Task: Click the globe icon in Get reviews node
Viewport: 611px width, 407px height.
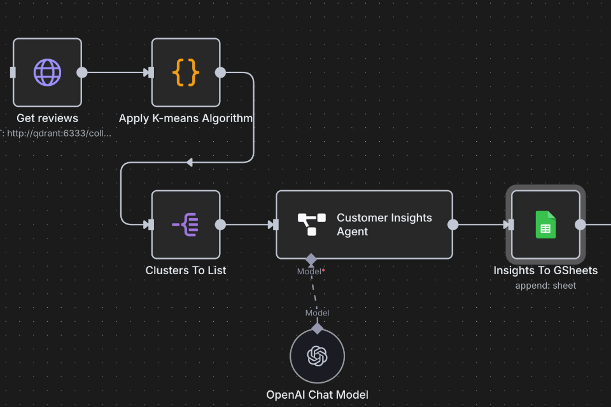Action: (x=48, y=72)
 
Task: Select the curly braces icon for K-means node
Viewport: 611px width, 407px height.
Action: (x=186, y=72)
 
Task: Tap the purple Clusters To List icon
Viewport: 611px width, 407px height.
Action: (x=186, y=224)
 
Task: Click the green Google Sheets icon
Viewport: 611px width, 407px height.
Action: (x=545, y=224)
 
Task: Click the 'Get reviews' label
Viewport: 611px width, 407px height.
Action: (x=48, y=118)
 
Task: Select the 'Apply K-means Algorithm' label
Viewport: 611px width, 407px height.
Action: (x=186, y=118)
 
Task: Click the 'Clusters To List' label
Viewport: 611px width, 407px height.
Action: (x=186, y=270)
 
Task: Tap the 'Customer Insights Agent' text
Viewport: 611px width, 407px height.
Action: (x=384, y=224)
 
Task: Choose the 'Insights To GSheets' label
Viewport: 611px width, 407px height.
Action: (x=545, y=270)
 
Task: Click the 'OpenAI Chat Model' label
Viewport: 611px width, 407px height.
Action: (x=317, y=394)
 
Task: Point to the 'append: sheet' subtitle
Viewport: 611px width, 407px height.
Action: (x=545, y=286)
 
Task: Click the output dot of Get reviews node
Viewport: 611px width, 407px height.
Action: (x=82, y=72)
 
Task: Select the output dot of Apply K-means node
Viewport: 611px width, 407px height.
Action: (x=220, y=72)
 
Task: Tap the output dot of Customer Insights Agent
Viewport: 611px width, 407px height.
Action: (x=453, y=224)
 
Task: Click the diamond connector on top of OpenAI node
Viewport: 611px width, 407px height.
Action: (x=317, y=328)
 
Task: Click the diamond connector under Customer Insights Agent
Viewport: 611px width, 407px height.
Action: (x=311, y=259)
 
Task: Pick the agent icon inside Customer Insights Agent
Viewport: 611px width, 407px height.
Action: (x=312, y=224)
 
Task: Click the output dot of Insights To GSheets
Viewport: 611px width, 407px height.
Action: (x=580, y=224)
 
